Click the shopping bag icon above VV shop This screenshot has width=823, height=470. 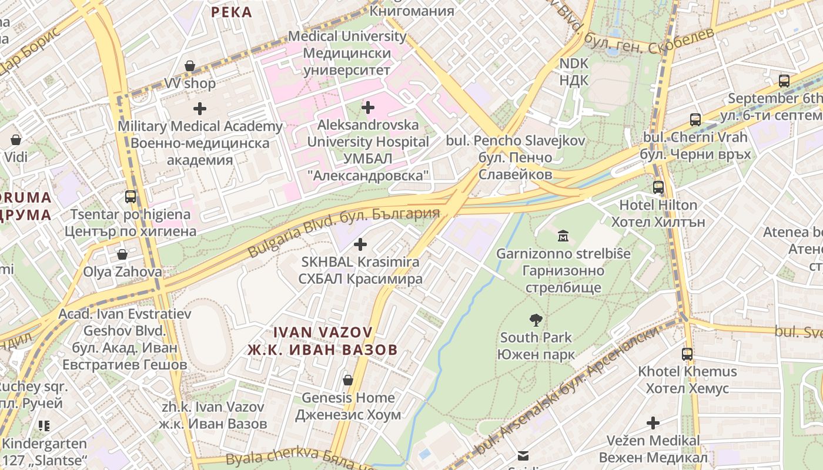[x=189, y=66]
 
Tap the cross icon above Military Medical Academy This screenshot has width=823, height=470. [x=200, y=109]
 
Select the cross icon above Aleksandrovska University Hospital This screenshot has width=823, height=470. [x=368, y=108]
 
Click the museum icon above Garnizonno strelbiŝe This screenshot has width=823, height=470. [x=563, y=236]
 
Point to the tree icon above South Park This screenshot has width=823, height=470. [x=536, y=320]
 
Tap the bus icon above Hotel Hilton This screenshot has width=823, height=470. [x=658, y=187]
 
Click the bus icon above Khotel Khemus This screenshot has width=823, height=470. [x=687, y=354]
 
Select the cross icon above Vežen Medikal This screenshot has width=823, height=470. [x=653, y=423]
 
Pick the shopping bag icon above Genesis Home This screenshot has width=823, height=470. [x=348, y=380]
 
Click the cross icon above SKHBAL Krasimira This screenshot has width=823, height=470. [x=360, y=244]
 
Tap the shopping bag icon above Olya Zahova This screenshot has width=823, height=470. [x=122, y=254]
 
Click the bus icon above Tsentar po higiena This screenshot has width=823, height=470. [x=131, y=197]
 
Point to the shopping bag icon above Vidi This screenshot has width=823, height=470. [x=16, y=140]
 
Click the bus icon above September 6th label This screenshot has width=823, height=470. [x=784, y=81]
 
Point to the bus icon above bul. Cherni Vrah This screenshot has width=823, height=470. [x=695, y=120]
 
